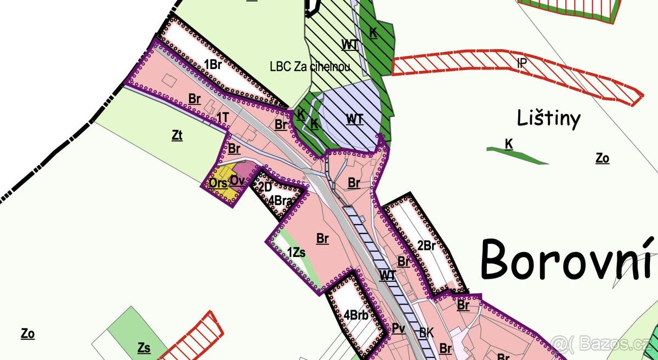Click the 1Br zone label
(212, 64)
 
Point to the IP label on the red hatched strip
(521, 62)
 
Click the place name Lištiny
(548, 118)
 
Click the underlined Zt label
(177, 135)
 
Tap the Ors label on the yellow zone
(218, 184)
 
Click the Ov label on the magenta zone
(237, 180)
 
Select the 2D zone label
(265, 187)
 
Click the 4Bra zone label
(280, 201)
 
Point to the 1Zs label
(296, 252)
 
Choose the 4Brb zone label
(356, 315)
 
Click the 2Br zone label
(426, 246)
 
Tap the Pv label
(398, 329)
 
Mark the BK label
(426, 332)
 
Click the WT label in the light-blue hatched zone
(354, 119)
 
